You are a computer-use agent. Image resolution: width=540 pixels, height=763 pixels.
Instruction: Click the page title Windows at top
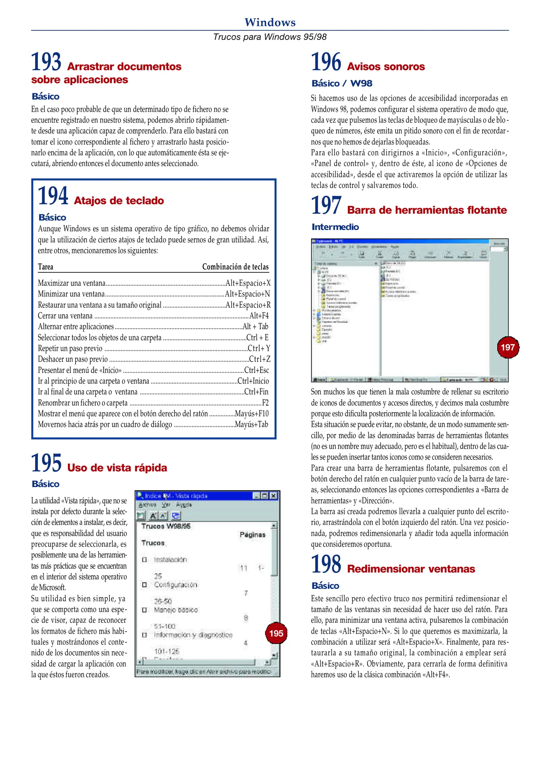(x=270, y=22)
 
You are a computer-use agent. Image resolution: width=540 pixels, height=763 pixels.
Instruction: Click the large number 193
(x=46, y=62)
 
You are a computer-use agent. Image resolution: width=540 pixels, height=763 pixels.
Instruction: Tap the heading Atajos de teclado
(x=119, y=201)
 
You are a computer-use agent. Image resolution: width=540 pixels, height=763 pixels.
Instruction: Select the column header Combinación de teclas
(x=235, y=267)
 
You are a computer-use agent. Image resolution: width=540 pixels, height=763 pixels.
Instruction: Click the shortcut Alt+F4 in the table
(x=259, y=316)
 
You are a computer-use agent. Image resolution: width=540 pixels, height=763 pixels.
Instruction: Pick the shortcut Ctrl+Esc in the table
(x=256, y=370)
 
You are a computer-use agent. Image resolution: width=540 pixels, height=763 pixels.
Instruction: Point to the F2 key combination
(x=265, y=403)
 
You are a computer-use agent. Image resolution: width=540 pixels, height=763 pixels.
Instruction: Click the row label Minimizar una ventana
(x=71, y=294)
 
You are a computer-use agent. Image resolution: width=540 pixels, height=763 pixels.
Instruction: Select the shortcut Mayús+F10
(x=251, y=414)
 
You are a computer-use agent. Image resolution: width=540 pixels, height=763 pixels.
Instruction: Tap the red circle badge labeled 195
(x=276, y=633)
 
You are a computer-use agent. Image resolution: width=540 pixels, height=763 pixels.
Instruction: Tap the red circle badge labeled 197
(x=508, y=347)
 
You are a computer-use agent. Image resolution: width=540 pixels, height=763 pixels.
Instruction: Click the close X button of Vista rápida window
(x=274, y=496)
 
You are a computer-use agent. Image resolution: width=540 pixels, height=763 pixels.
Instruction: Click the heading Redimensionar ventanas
(x=411, y=569)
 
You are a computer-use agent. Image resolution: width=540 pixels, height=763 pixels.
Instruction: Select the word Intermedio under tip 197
(x=335, y=227)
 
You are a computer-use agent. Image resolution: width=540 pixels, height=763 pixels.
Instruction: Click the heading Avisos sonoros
(x=386, y=67)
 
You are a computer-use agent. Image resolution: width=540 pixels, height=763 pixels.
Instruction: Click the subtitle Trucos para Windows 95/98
(x=270, y=37)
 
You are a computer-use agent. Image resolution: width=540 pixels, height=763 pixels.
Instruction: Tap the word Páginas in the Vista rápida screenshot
(x=252, y=535)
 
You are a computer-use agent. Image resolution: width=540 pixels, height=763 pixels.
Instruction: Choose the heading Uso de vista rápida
(x=117, y=468)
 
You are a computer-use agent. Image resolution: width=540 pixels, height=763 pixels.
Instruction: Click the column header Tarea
(x=46, y=267)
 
